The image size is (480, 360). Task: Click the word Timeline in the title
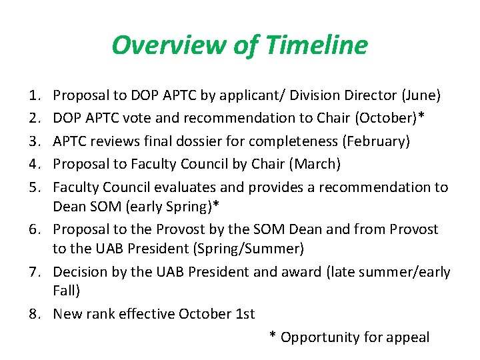pos(316,45)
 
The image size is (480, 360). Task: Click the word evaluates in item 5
pos(178,187)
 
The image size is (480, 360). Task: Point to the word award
pos(300,272)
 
